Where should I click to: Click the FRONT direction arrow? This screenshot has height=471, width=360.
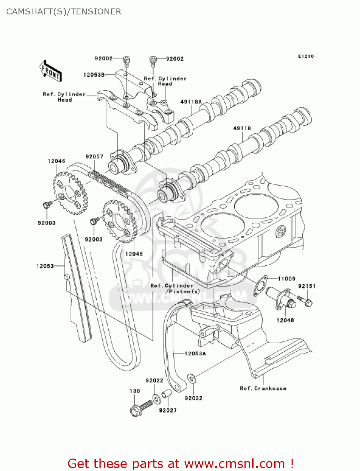[x=50, y=71]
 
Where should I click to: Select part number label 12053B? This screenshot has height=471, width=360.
[x=94, y=75]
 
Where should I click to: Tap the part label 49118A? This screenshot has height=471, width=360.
[x=191, y=102]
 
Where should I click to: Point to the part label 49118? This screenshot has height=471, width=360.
[x=242, y=128]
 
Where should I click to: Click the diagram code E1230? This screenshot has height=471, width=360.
[x=306, y=56]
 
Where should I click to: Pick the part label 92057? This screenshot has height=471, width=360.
[x=94, y=156]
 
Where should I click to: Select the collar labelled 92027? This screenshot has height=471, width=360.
[x=166, y=394]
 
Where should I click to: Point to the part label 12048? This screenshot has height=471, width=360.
[x=285, y=320]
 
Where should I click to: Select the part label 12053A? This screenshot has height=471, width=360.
[x=195, y=354]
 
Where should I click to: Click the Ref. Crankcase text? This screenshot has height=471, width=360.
[x=263, y=388]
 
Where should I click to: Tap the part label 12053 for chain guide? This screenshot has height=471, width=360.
[x=45, y=266]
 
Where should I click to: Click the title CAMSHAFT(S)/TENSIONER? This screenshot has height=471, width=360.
[x=64, y=12]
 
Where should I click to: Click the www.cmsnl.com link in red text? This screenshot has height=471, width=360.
[x=234, y=463]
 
